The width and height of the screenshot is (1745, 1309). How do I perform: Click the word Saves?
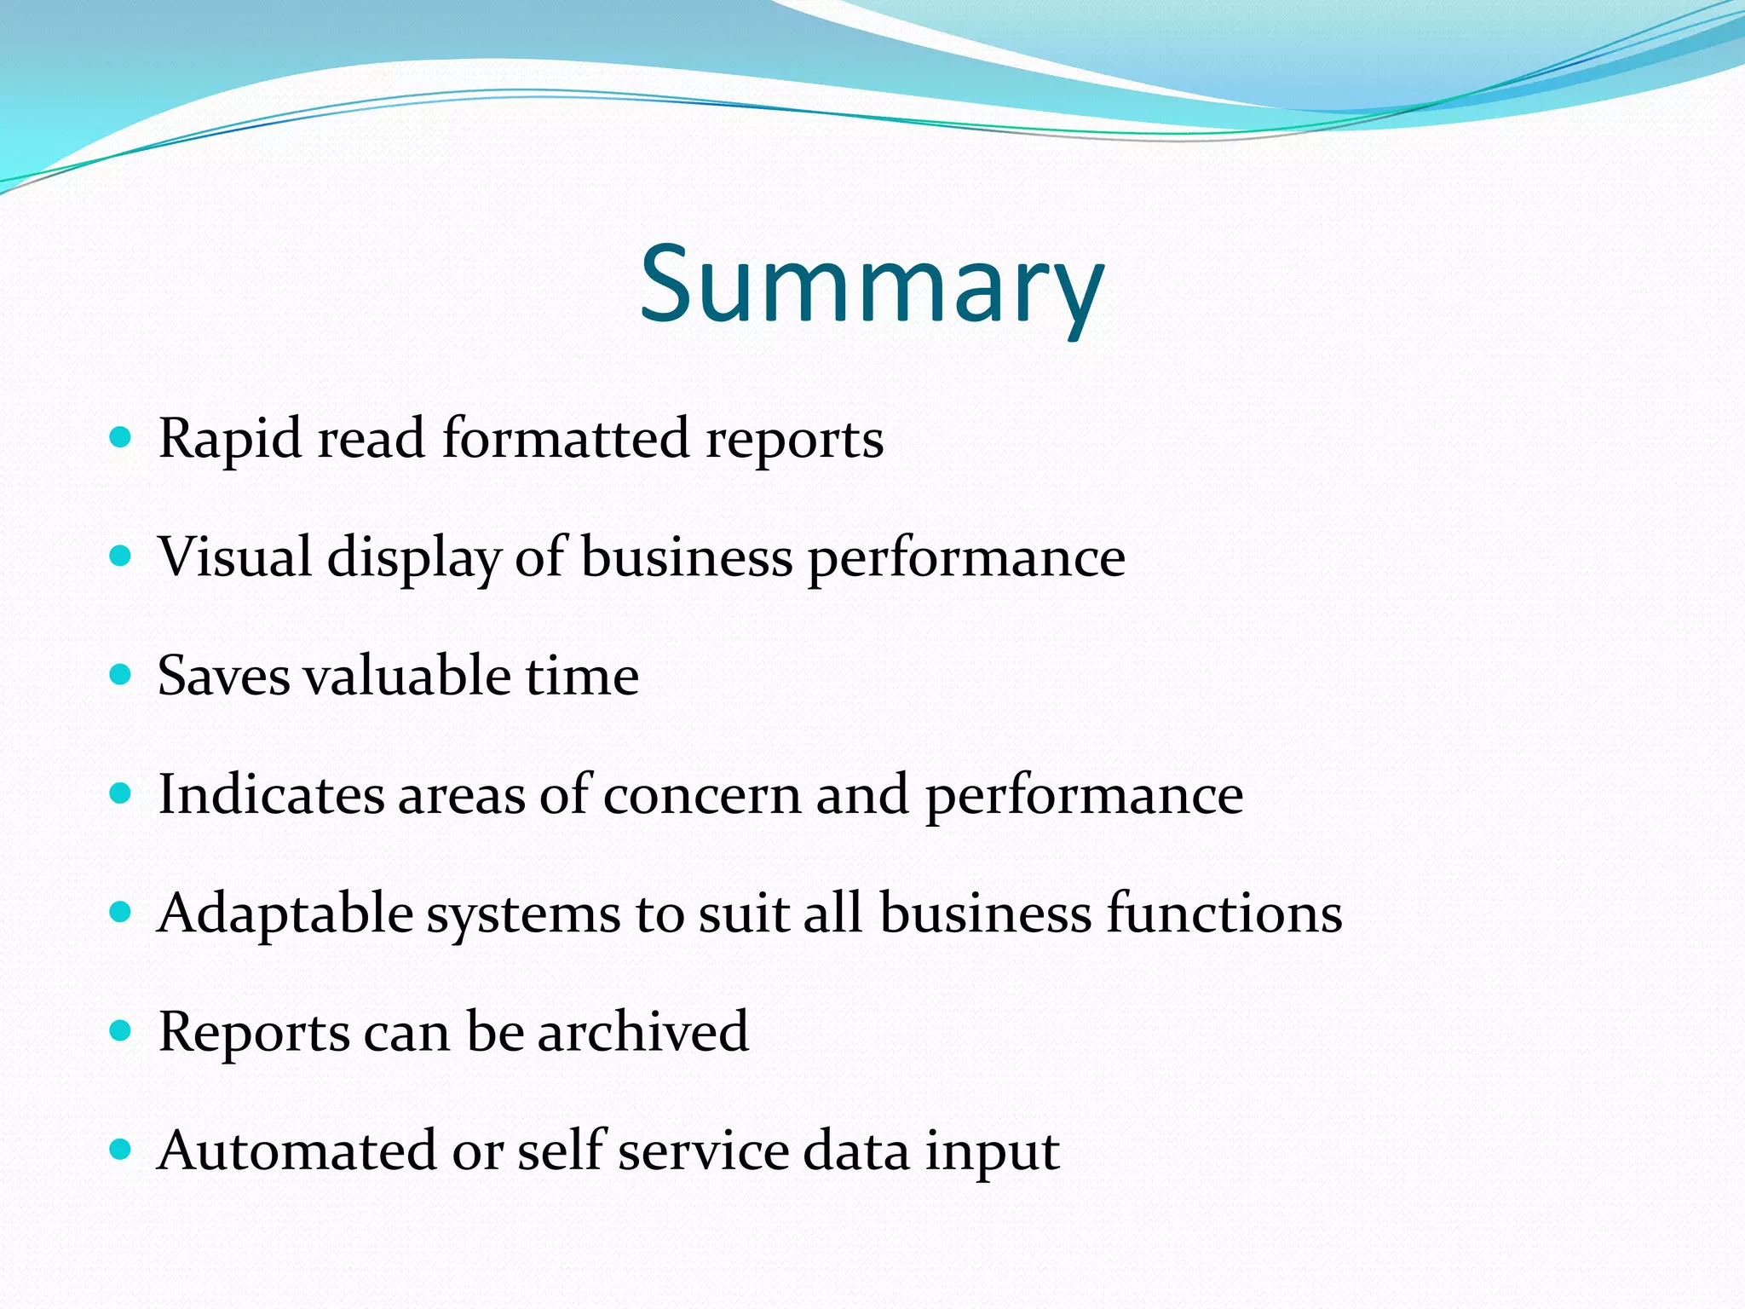click(x=224, y=676)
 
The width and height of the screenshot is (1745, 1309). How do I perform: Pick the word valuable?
click(x=407, y=676)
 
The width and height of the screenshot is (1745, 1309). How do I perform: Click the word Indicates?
click(x=271, y=794)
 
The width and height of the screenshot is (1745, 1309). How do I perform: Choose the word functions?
click(x=1224, y=913)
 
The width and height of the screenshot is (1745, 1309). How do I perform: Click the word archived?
click(x=643, y=1032)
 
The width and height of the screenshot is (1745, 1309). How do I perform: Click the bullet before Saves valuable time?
click(x=121, y=676)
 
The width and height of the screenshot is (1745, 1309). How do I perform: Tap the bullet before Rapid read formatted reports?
click(x=121, y=439)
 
